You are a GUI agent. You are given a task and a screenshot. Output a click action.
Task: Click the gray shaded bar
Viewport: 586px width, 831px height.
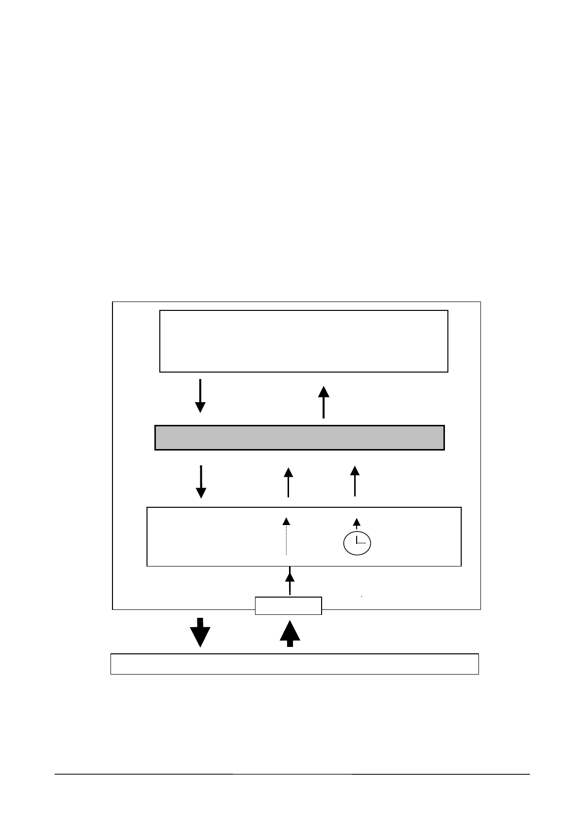pos(299,437)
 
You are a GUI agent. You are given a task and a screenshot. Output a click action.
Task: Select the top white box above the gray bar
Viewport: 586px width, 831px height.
pos(303,341)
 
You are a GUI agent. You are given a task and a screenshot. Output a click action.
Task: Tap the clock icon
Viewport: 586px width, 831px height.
pos(357,544)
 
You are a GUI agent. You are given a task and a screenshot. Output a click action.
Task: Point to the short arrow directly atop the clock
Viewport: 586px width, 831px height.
pos(357,524)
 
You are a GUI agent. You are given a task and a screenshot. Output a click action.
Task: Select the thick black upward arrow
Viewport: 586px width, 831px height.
pos(290,633)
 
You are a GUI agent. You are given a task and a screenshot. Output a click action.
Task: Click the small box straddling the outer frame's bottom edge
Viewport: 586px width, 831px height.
pos(288,605)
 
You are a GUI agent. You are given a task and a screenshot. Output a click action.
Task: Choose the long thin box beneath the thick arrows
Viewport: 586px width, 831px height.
pos(294,664)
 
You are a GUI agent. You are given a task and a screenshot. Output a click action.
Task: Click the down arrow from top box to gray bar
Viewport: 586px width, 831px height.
pos(200,395)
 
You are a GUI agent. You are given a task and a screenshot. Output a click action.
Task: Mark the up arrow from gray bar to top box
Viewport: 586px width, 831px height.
pos(324,402)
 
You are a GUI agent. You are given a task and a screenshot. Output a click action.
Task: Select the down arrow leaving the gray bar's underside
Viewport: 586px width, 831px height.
pos(201,482)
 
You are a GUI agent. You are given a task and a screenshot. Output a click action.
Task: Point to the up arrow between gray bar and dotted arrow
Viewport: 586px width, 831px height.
pos(289,482)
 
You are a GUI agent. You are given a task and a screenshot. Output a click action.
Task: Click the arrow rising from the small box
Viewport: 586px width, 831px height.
pos(290,582)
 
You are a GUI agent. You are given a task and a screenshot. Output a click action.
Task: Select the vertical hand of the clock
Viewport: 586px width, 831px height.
pos(357,538)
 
